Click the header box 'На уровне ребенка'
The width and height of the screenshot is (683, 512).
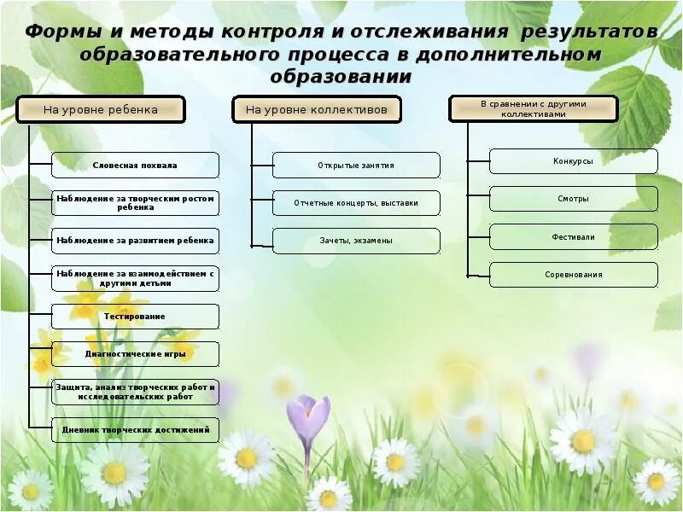[x=101, y=109]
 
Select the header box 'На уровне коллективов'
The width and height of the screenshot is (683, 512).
[x=317, y=109]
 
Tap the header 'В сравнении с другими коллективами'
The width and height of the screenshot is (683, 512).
[x=534, y=108]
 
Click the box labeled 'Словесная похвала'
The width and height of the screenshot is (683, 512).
[x=135, y=165]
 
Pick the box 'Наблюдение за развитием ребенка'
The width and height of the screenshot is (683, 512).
[x=135, y=241]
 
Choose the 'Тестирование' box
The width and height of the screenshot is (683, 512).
[x=135, y=317]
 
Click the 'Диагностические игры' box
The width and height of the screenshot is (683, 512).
[x=135, y=354]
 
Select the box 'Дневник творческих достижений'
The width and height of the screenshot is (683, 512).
[x=135, y=430]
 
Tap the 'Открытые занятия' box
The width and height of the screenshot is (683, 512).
[x=356, y=165]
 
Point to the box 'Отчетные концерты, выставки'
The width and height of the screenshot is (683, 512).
[x=356, y=203]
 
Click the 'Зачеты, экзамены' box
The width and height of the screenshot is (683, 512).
[x=356, y=241]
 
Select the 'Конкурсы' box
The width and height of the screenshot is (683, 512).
[x=573, y=161]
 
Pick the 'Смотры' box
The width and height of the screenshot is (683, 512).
[x=573, y=199]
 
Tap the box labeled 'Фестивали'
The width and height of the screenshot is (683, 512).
[x=573, y=236]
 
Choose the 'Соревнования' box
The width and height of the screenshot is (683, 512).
[x=573, y=275]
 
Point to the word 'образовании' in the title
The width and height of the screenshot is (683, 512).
[x=341, y=77]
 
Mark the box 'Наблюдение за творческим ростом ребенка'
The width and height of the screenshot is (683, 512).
[x=135, y=203]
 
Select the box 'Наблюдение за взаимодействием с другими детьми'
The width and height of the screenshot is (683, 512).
[x=135, y=278]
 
